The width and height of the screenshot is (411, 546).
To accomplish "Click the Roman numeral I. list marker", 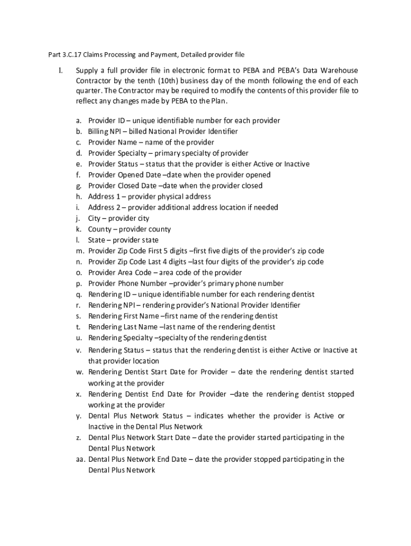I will click(x=61, y=70).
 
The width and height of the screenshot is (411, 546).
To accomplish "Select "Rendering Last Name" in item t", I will click(x=123, y=327).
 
